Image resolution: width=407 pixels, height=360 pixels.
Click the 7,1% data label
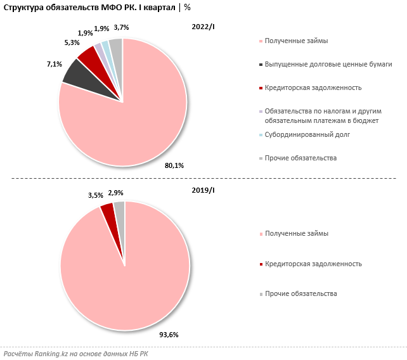click(53, 64)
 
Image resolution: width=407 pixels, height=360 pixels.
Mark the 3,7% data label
click(121, 27)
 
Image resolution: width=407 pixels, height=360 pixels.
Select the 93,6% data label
click(169, 335)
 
